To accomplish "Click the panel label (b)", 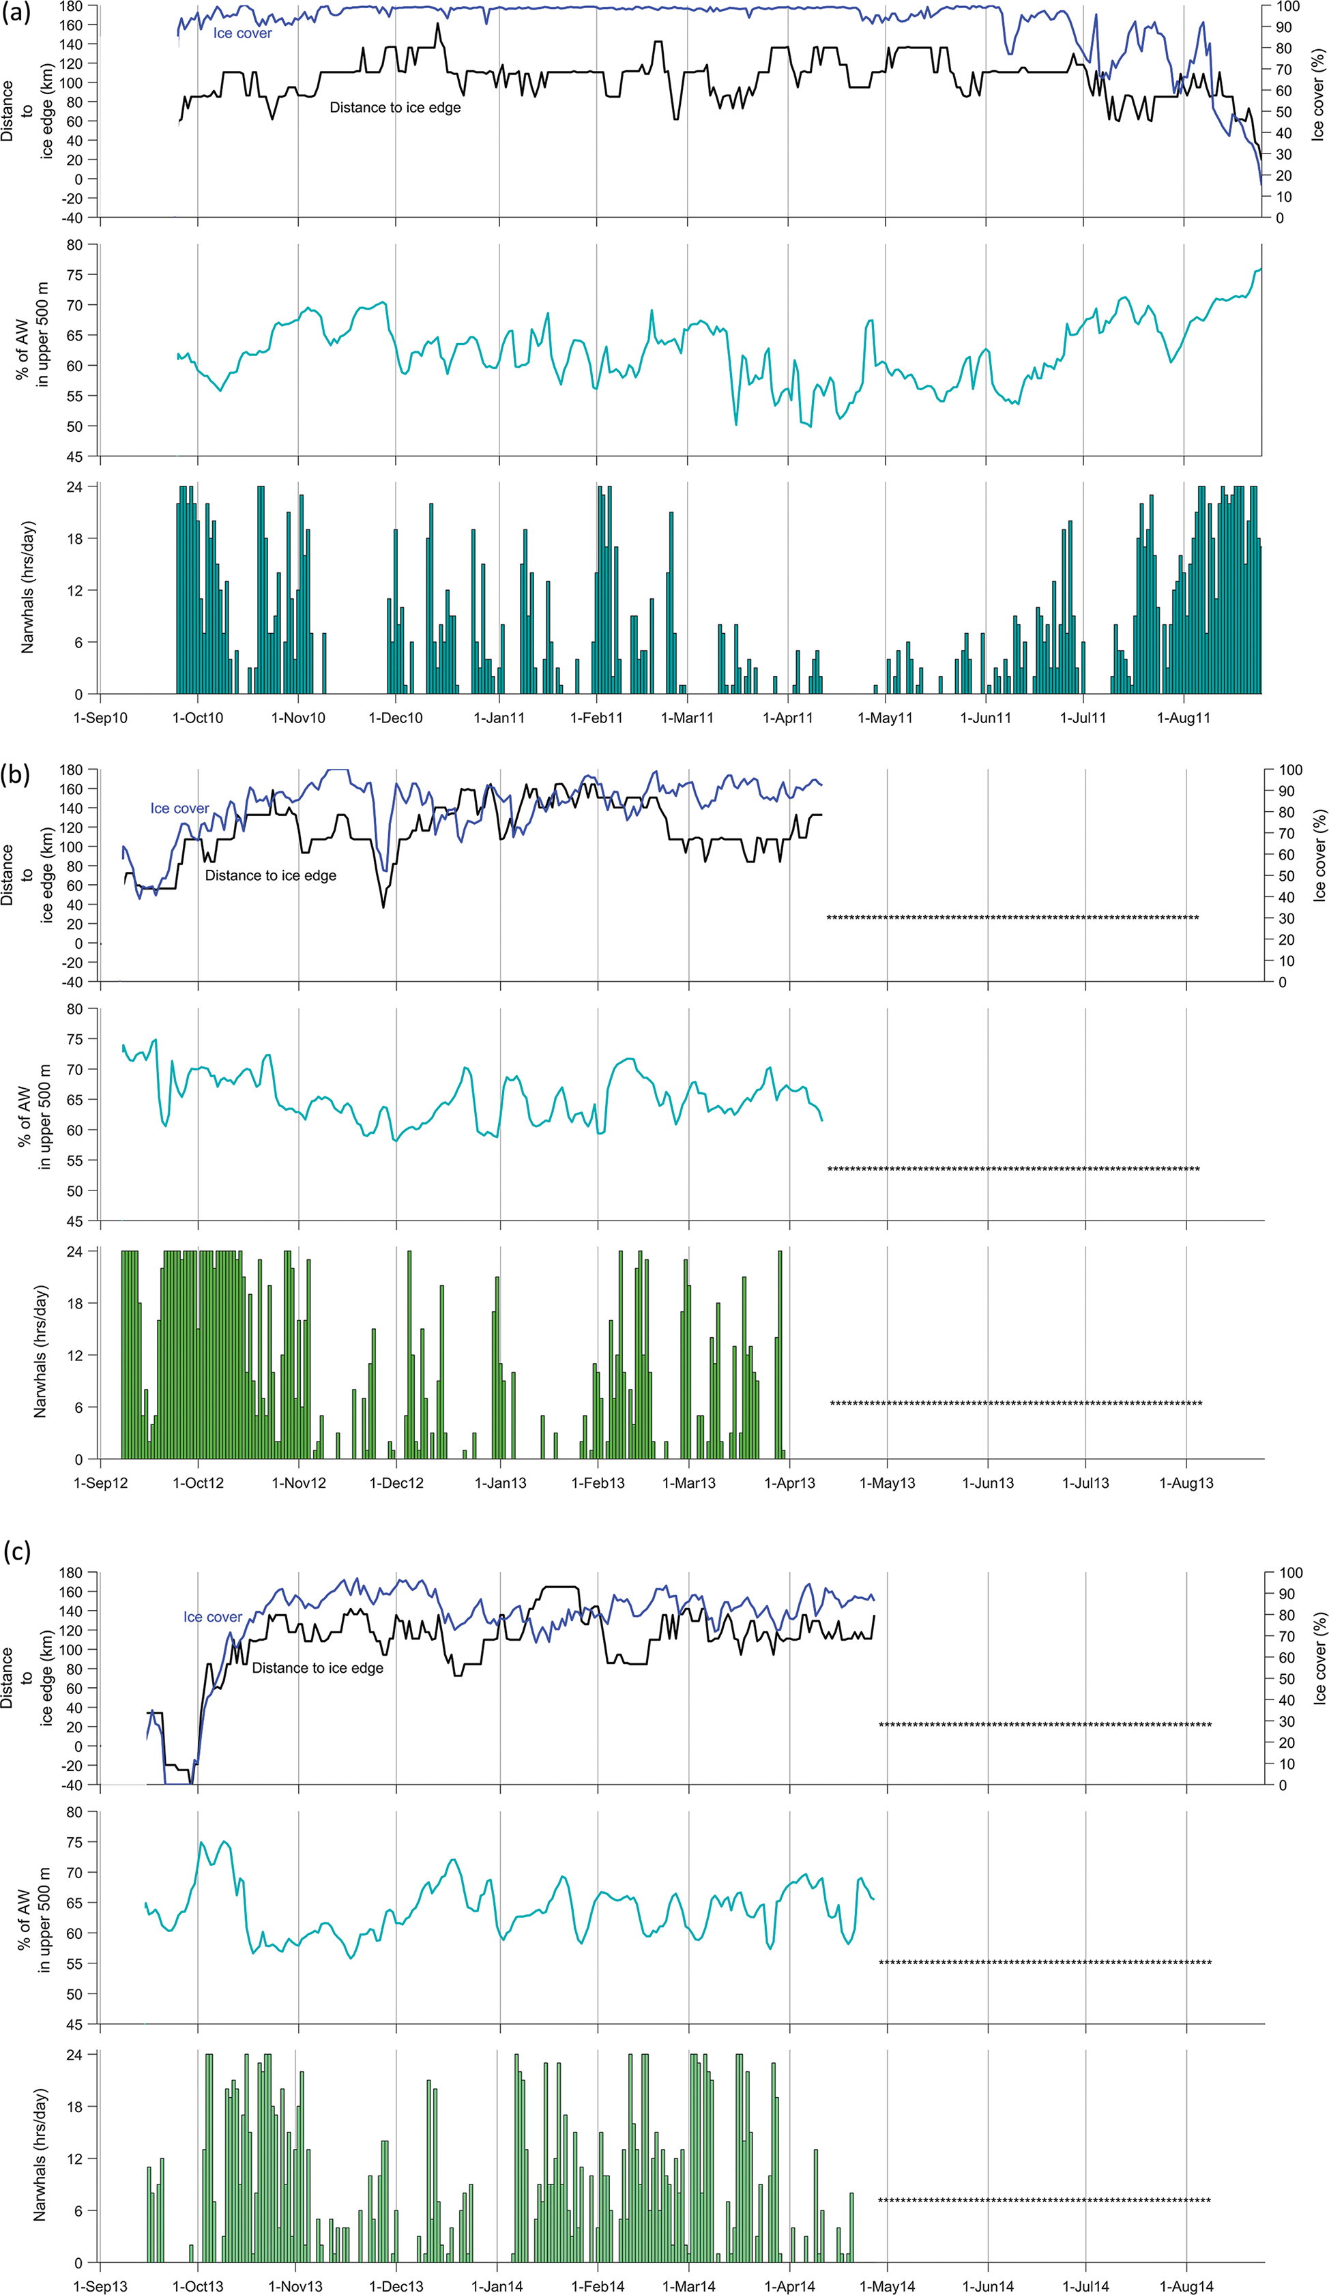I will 17,775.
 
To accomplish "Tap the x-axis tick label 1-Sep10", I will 100,718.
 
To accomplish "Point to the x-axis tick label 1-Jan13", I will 500,1482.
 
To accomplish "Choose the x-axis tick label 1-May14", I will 887,2286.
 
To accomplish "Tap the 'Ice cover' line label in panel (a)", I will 242,33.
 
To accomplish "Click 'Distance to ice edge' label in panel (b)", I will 271,875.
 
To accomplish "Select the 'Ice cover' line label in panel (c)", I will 212,1616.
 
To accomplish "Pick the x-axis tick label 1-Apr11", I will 788,718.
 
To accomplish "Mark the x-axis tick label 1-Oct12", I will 199,1482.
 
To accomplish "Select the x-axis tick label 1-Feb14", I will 598,2286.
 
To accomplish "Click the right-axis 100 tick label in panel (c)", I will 1291,1573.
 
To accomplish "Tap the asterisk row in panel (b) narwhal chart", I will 1016,1403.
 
